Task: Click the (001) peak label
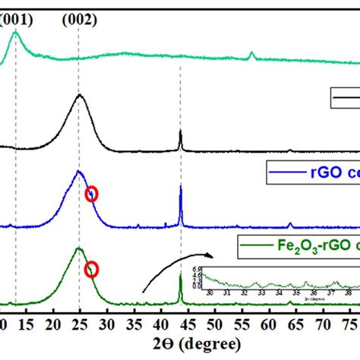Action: [17, 21]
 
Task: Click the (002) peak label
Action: [80, 21]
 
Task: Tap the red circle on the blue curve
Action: [92, 194]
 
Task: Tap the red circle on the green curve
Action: [92, 269]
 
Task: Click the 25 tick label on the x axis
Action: [79, 325]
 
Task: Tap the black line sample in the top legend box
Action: [346, 99]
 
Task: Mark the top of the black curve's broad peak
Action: [80, 95]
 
